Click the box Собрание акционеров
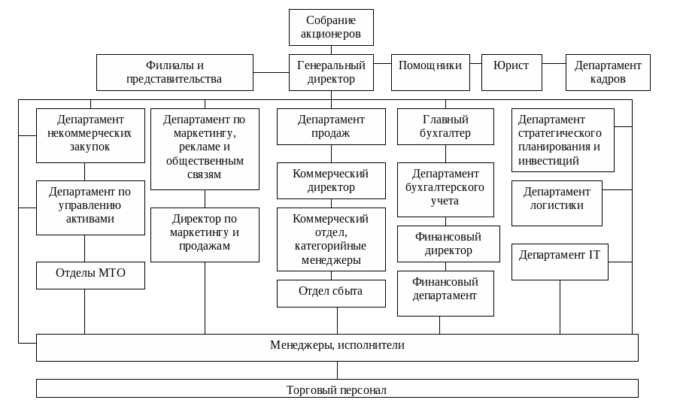pos(331,27)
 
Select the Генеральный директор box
pos(331,72)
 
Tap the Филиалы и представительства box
pos(175,72)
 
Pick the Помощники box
pos(430,72)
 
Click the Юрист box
pos(512,72)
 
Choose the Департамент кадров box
pos(608,72)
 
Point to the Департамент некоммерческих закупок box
pos(90,135)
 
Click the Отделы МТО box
pos(90,275)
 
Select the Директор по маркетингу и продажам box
pos(205,235)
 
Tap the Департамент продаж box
pos(331,126)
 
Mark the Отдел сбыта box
pos(331,293)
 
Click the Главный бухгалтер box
pos(445,126)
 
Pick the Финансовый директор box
pos(448,244)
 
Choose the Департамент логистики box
pos(557,203)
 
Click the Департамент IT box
pos(560,262)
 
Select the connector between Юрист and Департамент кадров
pos(554,63)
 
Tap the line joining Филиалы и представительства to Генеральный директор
pos(272,72)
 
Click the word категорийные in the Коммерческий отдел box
pos(330,246)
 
